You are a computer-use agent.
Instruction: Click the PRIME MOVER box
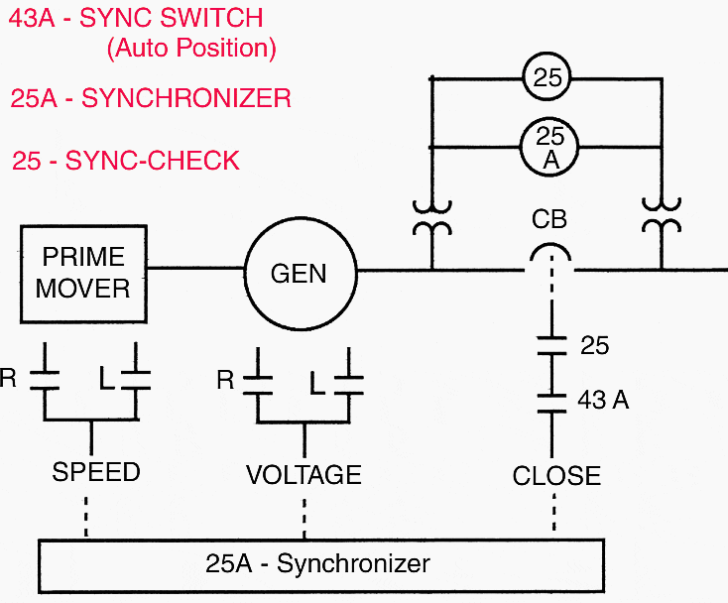tap(83, 273)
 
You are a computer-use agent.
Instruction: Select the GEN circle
tap(299, 272)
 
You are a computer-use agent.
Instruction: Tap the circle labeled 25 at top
tap(548, 78)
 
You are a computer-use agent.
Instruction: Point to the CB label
tap(548, 218)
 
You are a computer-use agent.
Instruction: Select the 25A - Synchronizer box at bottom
tap(318, 565)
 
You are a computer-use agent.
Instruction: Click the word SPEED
tap(96, 472)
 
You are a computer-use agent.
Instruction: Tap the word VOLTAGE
tap(303, 474)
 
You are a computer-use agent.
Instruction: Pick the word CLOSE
tap(556, 476)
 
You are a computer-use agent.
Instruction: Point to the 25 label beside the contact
tap(593, 346)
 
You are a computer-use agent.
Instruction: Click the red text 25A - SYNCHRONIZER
tap(151, 98)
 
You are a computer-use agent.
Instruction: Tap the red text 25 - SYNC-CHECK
tap(125, 161)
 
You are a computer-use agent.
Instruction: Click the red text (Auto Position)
tap(190, 48)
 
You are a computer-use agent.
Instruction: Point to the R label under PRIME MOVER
tap(9, 379)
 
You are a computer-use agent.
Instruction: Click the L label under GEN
tap(317, 381)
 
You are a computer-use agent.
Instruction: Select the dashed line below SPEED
tap(88, 515)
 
